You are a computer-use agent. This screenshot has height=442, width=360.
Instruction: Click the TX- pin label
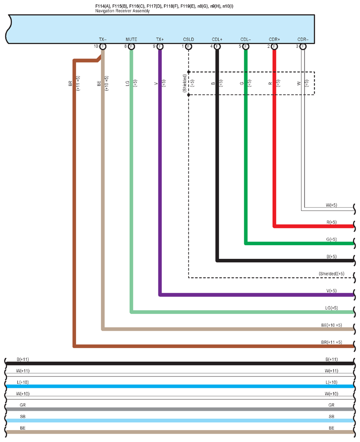click(x=103, y=40)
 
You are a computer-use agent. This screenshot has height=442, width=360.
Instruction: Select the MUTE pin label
click(x=131, y=40)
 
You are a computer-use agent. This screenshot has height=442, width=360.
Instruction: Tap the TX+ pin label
click(x=159, y=40)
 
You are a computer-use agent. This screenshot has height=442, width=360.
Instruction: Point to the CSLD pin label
click(x=188, y=40)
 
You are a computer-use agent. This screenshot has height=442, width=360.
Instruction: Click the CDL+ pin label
click(x=217, y=40)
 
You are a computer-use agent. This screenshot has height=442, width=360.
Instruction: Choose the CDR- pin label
click(x=303, y=40)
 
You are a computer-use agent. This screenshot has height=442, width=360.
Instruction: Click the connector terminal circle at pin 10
click(x=103, y=46)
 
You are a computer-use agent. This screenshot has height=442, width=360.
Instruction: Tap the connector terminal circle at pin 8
click(x=131, y=46)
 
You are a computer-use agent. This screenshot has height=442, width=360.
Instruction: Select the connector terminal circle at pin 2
click(x=274, y=46)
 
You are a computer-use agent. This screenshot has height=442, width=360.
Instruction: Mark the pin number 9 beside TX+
click(x=154, y=46)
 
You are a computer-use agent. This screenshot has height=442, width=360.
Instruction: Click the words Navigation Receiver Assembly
click(x=122, y=11)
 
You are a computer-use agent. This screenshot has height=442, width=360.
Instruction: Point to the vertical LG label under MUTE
click(x=127, y=82)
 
